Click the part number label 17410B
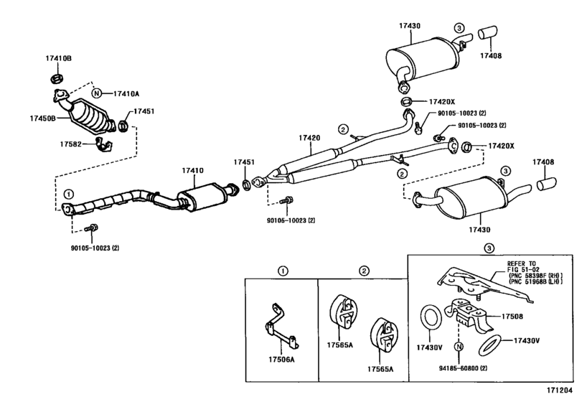coord(59,58)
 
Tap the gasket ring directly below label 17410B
coord(57,79)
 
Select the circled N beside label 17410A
coord(96,93)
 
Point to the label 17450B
coord(42,118)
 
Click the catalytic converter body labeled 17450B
coord(92,116)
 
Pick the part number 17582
coord(70,144)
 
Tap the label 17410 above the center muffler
coord(192,170)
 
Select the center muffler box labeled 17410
coord(202,197)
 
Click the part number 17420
coord(309,138)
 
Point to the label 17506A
coord(281,360)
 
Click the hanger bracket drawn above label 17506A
coord(282,327)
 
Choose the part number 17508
coord(512,317)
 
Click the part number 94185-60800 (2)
coord(464,368)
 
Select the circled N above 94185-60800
coord(459,346)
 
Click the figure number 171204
coord(559,390)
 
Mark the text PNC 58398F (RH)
coord(535,276)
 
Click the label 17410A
coord(126,93)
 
